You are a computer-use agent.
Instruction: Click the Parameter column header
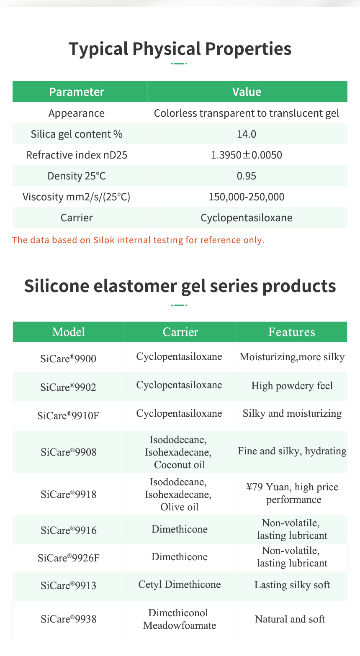pyautogui.click(x=77, y=92)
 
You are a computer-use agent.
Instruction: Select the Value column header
pyautogui.click(x=247, y=92)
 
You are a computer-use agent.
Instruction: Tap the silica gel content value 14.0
pyautogui.click(x=247, y=134)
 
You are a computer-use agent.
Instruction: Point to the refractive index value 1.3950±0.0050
pyautogui.click(x=247, y=155)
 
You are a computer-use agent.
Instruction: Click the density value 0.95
pyautogui.click(x=247, y=176)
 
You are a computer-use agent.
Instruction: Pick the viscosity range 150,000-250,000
pyautogui.click(x=247, y=197)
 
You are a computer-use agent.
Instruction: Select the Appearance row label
pyautogui.click(x=77, y=113)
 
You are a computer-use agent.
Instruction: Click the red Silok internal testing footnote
pyautogui.click(x=138, y=240)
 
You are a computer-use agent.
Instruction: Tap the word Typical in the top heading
pyautogui.click(x=98, y=49)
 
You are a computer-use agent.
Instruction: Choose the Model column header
pyautogui.click(x=69, y=332)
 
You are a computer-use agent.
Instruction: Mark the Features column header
pyautogui.click(x=292, y=332)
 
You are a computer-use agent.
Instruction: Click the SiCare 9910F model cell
pyautogui.click(x=69, y=415)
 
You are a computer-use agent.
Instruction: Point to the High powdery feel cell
pyautogui.click(x=292, y=385)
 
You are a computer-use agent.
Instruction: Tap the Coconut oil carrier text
pyautogui.click(x=180, y=465)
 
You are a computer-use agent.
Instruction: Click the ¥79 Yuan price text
pyautogui.click(x=268, y=487)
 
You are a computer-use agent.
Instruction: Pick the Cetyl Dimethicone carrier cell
pyautogui.click(x=180, y=584)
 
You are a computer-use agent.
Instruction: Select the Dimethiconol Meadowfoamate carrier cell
pyautogui.click(x=180, y=619)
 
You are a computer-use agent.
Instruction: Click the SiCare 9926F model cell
pyautogui.click(x=69, y=558)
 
